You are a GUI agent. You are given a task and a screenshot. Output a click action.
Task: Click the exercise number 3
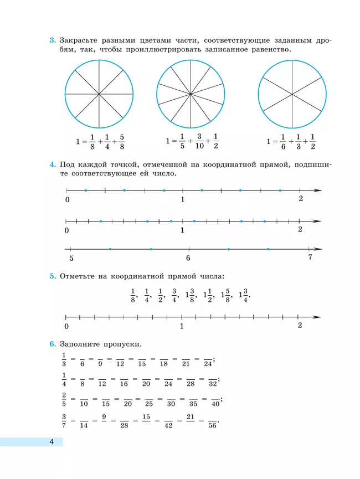click(x=52, y=40)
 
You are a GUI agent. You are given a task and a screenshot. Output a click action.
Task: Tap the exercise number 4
click(x=52, y=164)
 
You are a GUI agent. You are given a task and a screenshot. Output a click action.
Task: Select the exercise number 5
click(x=52, y=276)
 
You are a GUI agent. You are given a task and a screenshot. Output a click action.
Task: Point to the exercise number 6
click(x=52, y=345)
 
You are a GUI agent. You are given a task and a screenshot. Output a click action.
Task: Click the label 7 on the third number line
click(x=310, y=258)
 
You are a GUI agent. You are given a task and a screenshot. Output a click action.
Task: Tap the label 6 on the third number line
click(x=188, y=258)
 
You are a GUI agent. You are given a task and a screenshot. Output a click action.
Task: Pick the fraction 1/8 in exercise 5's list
click(x=133, y=296)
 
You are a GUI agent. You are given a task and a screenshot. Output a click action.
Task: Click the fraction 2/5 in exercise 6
click(x=64, y=399)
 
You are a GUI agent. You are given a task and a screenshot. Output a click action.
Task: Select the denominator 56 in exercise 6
click(x=212, y=425)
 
